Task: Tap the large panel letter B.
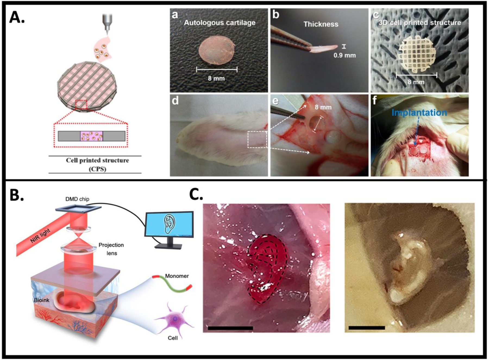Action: [16, 196]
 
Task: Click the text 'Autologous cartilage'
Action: [220, 23]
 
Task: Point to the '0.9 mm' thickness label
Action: [344, 55]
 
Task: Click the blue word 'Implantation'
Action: [419, 112]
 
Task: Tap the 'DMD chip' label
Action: [77, 199]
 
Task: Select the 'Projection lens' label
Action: [111, 249]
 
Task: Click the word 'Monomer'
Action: [177, 276]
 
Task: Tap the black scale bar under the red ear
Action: [230, 328]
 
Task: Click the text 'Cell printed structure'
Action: [97, 160]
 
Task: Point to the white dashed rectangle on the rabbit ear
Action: [257, 140]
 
